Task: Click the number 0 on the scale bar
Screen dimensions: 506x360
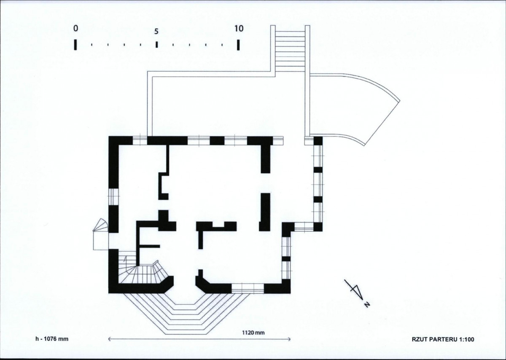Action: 75,29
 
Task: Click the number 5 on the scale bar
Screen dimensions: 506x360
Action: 156,32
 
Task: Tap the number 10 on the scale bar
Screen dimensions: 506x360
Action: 239,29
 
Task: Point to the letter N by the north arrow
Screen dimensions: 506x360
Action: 367,305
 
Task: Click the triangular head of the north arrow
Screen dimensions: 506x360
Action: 358,292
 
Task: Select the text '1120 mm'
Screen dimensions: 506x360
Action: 253,333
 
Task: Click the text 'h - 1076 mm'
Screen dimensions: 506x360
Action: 52,339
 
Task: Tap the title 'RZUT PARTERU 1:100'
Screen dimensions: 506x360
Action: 443,339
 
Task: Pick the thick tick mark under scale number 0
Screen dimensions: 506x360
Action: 75,45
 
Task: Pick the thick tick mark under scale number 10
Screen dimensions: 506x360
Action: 238,45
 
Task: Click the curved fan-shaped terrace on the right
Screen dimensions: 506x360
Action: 353,108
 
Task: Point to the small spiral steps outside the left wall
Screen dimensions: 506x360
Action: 100,234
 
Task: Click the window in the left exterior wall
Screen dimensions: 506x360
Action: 113,196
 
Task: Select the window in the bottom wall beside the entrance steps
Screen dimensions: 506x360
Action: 248,288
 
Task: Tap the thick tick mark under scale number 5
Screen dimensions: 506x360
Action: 156,45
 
